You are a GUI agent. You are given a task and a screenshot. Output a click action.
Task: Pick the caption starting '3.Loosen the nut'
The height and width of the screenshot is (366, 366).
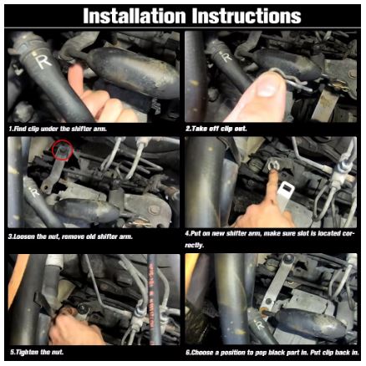[x=72, y=236]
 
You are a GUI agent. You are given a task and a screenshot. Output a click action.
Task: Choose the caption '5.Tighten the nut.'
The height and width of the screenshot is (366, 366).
[x=37, y=352]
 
